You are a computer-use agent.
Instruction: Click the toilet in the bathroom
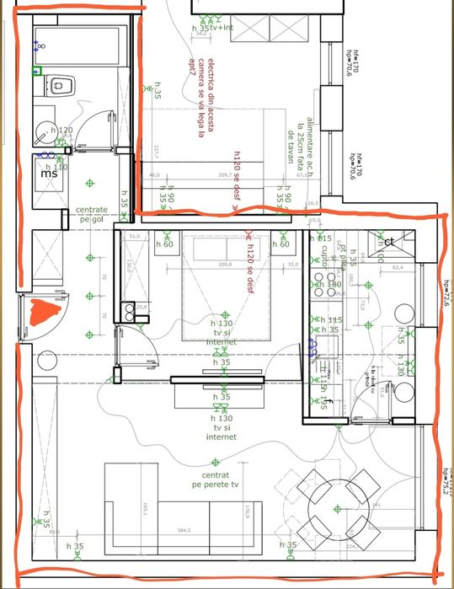[61, 85]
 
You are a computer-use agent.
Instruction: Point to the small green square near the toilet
[36, 72]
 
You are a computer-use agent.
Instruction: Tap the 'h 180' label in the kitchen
[329, 285]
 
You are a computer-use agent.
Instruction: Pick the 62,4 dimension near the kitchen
[398, 268]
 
